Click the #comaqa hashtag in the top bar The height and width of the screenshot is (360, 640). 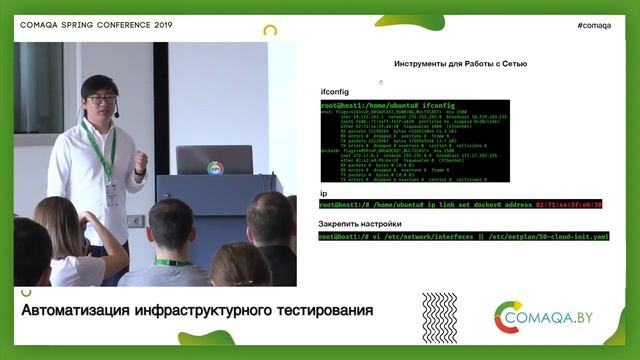tap(594, 25)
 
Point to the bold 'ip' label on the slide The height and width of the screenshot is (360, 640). tap(323, 193)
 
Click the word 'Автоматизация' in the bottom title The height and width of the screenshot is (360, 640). tap(83, 311)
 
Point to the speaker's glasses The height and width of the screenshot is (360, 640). tap(99, 99)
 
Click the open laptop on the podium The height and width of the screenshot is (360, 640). tap(214, 161)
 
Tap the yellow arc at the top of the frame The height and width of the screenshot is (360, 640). tap(270, 31)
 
